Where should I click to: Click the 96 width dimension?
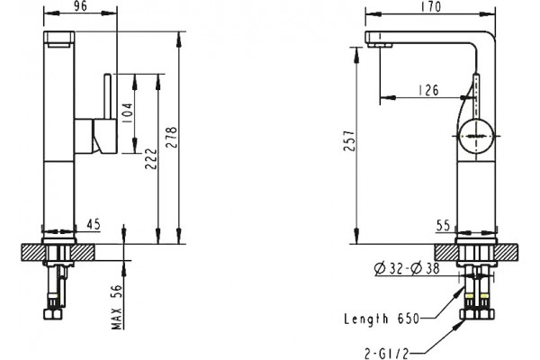pyautogui.click(x=80, y=6)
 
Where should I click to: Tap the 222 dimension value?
pyautogui.click(x=151, y=158)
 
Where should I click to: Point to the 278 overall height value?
pyautogui.click(x=171, y=138)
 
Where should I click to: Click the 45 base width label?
pyautogui.click(x=93, y=224)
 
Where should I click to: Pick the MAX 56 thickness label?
pyautogui.click(x=117, y=306)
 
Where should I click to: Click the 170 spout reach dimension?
pyautogui.click(x=430, y=6)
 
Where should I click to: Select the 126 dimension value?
pyautogui.click(x=428, y=90)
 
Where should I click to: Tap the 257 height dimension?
pyautogui.click(x=349, y=140)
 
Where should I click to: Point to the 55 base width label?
pyautogui.click(x=443, y=226)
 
